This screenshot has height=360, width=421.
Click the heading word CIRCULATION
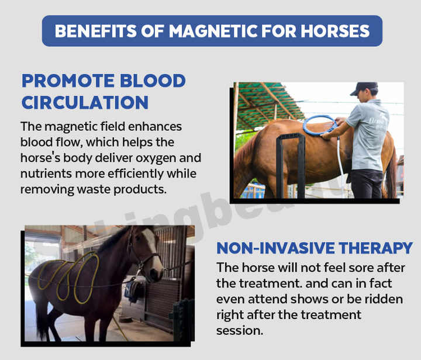pos(85,102)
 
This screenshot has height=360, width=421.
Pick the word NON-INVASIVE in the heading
pos(275,248)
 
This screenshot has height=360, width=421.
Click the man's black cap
pos(363,88)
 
